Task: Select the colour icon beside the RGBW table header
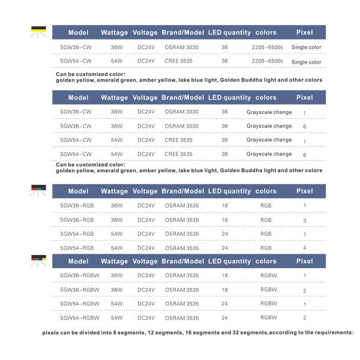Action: [38, 260]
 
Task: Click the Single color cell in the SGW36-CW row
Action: [306, 47]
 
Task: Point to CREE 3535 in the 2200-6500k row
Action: [178, 61]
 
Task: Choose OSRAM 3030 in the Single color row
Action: [181, 47]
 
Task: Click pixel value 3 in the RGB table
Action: [305, 220]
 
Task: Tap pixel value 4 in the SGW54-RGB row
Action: [305, 248]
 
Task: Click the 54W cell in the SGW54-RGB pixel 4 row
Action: [116, 248]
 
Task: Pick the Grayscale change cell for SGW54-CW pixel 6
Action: [269, 154]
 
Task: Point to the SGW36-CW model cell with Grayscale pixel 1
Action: [76, 112]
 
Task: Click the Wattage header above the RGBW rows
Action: [114, 261]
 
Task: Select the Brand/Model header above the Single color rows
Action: [182, 32]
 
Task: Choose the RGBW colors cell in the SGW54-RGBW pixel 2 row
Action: [269, 317]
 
